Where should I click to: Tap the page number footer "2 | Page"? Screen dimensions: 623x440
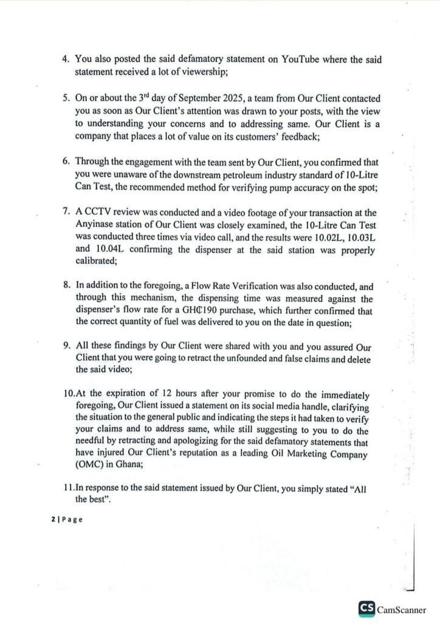[x=66, y=519]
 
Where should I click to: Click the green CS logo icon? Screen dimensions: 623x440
[x=366, y=608]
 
